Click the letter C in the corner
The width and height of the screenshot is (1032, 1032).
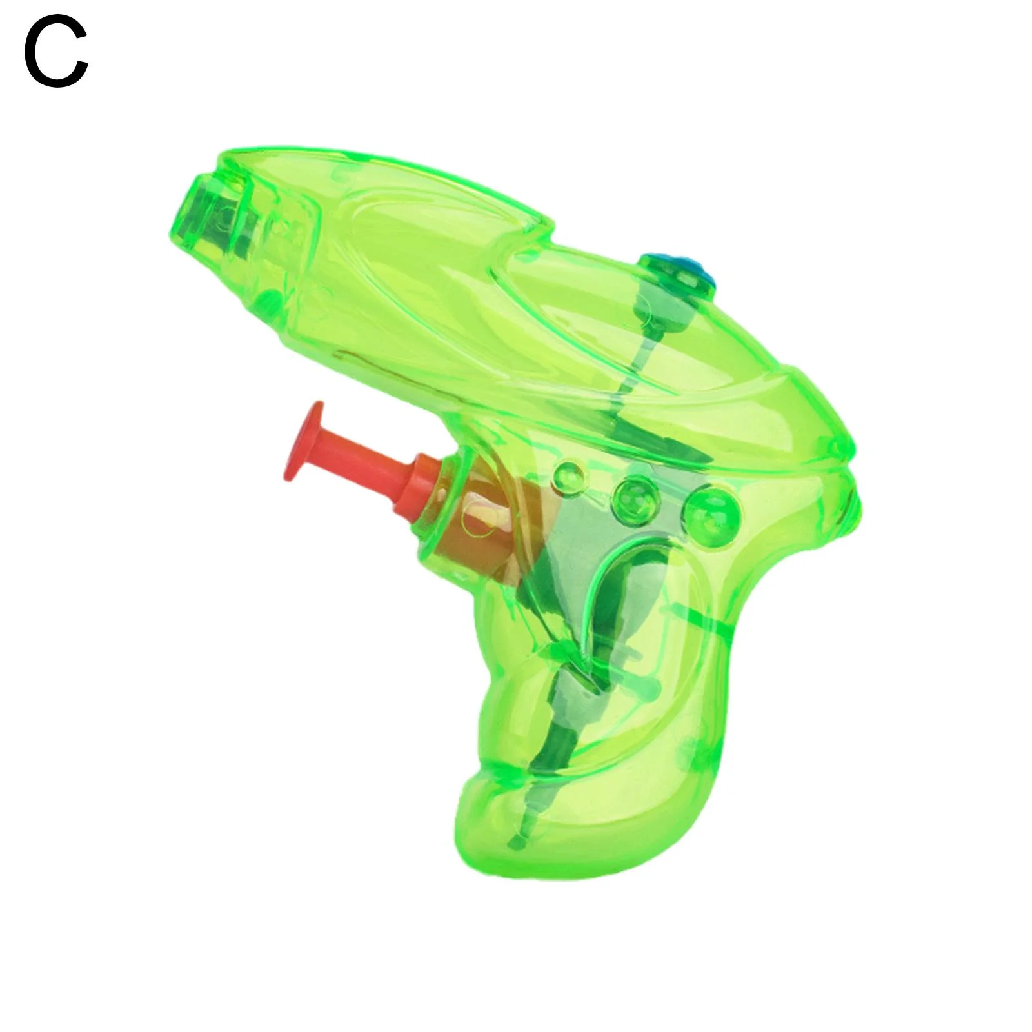click(55, 53)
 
